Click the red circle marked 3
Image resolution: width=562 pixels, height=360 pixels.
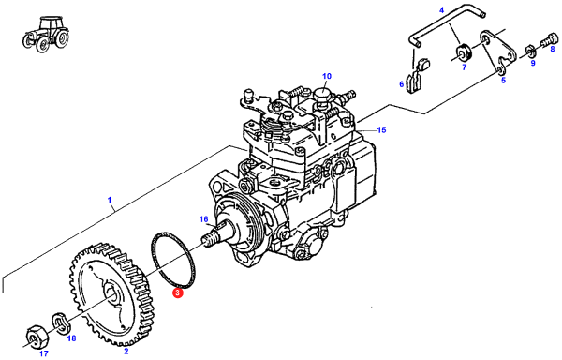click(x=177, y=292)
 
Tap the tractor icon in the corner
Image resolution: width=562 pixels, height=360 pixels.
click(x=46, y=34)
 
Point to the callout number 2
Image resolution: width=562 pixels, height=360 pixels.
click(x=126, y=351)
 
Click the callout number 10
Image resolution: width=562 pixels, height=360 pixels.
click(x=327, y=76)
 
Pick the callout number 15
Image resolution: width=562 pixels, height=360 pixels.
click(x=382, y=129)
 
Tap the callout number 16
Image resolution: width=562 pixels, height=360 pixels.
click(x=203, y=218)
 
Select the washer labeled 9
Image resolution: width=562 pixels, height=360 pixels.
click(x=530, y=52)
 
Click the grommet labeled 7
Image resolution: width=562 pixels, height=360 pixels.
click(x=465, y=52)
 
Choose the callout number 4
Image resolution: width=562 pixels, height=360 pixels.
click(x=441, y=10)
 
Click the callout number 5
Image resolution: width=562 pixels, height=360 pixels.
click(x=503, y=81)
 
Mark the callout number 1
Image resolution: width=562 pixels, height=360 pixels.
click(x=110, y=200)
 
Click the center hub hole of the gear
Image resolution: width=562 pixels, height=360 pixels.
click(x=111, y=296)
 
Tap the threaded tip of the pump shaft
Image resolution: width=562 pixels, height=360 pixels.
click(x=211, y=239)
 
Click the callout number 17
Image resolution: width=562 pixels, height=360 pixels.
click(x=44, y=353)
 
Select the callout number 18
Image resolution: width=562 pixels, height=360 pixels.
click(x=72, y=338)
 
